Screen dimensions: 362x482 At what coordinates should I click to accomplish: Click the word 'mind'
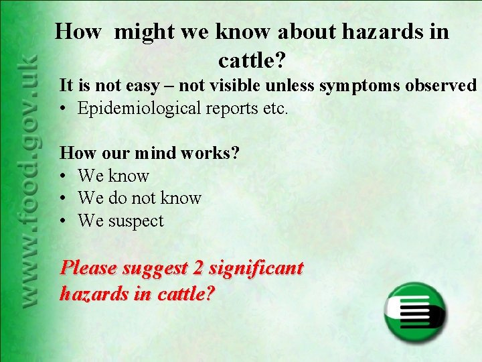point(155,153)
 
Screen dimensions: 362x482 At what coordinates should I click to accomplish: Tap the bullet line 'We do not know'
point(139,198)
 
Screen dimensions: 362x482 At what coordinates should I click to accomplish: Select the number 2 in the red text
point(197,269)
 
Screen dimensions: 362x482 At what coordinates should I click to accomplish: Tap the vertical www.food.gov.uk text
point(28,181)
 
